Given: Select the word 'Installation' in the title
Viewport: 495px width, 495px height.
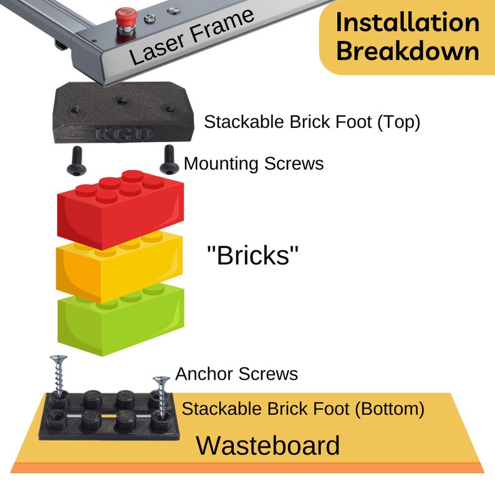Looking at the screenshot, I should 408,22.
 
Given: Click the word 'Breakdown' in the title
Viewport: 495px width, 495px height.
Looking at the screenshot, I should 408,51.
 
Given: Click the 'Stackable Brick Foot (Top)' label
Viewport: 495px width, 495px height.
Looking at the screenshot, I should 312,122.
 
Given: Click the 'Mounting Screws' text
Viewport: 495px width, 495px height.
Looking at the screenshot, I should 254,164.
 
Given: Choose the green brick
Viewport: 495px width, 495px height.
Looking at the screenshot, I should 118,321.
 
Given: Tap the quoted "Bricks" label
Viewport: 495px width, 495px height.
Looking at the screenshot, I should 252,256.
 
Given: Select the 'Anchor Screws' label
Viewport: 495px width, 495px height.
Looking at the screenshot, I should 236,374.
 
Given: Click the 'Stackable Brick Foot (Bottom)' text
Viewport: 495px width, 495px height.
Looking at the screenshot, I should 303,410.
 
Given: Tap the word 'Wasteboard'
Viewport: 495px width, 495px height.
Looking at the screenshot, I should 268,446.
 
